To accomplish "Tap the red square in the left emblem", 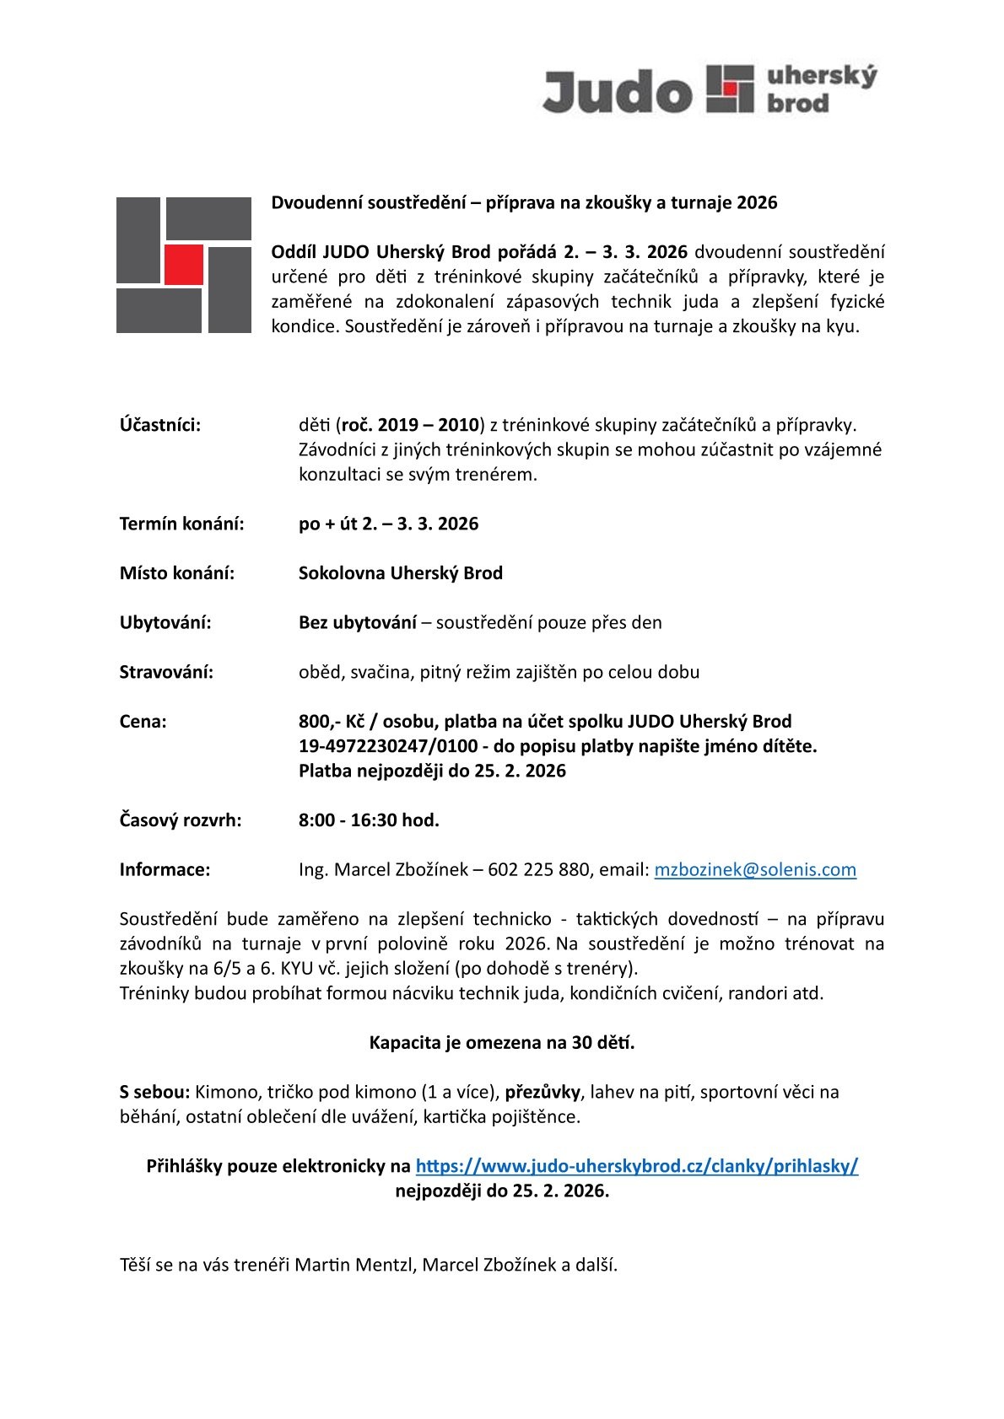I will pos(184,263).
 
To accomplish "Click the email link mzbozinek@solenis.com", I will pos(755,869).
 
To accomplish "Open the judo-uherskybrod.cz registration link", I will pos(637,1166).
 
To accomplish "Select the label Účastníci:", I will pos(160,425).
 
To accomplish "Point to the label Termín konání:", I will pos(181,524).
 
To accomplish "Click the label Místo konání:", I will pos(177,573).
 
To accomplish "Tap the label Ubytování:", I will pos(165,622).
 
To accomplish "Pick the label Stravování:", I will pos(166,672).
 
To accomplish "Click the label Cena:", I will pos(143,722).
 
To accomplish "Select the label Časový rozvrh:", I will pos(181,820).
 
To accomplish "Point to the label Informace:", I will pos(165,869).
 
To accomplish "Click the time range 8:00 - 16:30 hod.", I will pos(369,820).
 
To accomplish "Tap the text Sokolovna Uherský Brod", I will pos(401,573).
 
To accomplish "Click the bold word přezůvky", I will pos(542,1092).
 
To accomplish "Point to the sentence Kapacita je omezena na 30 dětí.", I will pos(502,1042).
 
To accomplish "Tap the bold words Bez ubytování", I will pos(358,622).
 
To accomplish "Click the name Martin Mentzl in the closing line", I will pos(363,1265).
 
